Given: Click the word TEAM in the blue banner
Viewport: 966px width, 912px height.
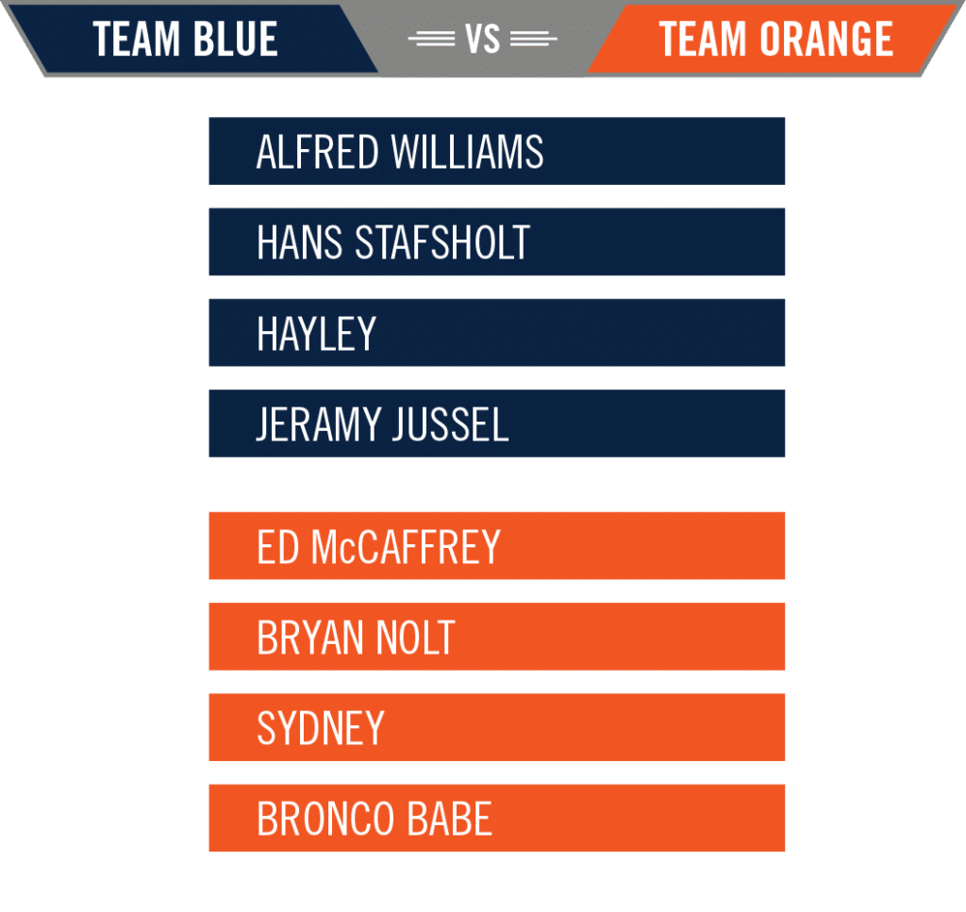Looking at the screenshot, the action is (136, 39).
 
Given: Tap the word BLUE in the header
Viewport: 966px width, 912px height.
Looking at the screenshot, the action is (235, 39).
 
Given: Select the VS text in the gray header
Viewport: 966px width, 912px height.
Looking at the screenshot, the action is (482, 39).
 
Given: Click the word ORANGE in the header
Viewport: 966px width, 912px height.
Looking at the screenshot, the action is (826, 39).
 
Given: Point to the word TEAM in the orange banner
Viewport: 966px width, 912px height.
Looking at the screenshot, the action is (703, 39).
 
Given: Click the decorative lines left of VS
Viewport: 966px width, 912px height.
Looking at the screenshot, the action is (431, 39).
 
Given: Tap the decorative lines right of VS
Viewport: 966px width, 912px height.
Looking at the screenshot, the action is (534, 39).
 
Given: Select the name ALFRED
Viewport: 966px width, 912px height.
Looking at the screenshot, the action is (317, 152).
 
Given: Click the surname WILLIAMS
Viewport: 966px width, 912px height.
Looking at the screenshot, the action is (468, 152).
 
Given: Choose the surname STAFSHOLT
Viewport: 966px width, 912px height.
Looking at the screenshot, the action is (442, 242).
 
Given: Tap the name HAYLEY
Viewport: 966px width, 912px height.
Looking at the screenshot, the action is (316, 333).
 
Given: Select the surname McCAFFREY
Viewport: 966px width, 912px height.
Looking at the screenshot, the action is (406, 546).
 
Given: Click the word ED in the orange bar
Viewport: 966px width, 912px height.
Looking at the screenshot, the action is (278, 546).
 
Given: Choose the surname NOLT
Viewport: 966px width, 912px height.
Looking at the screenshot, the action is (415, 638).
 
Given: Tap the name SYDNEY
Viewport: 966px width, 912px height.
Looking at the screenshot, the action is (321, 728).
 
